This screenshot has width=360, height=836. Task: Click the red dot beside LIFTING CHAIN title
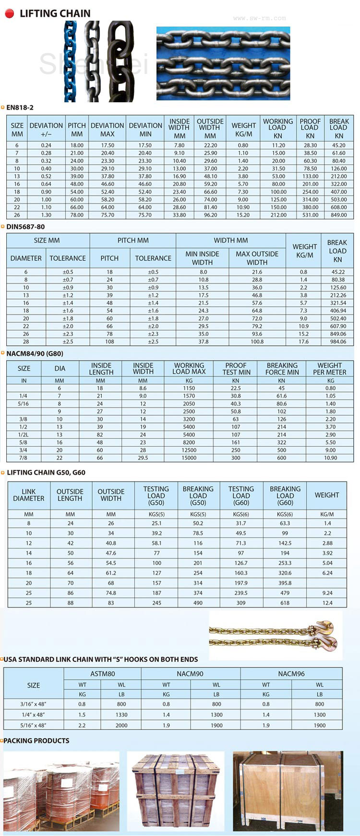(9, 13)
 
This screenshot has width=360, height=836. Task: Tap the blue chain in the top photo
(71, 61)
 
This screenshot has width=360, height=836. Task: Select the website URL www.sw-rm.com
(259, 18)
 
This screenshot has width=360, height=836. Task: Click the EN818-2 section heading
(20, 108)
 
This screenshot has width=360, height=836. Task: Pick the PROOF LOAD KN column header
(310, 128)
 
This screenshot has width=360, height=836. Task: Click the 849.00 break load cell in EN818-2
(338, 215)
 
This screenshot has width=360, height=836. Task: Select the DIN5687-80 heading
(25, 227)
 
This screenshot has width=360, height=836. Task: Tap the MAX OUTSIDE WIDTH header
(257, 258)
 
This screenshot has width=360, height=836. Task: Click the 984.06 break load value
(338, 342)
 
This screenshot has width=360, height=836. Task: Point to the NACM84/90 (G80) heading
(35, 353)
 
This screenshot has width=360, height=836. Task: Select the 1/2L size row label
(23, 435)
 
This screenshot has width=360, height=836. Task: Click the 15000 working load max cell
(189, 458)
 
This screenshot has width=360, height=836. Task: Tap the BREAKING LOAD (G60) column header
(285, 496)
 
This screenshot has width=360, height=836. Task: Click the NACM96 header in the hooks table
(291, 674)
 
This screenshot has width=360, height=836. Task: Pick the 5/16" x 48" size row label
(33, 726)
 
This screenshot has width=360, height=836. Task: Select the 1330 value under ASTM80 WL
(121, 715)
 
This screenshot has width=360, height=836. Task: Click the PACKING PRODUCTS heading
(36, 741)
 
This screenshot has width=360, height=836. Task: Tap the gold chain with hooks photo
(273, 634)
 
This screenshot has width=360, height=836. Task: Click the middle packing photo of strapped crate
(176, 791)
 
